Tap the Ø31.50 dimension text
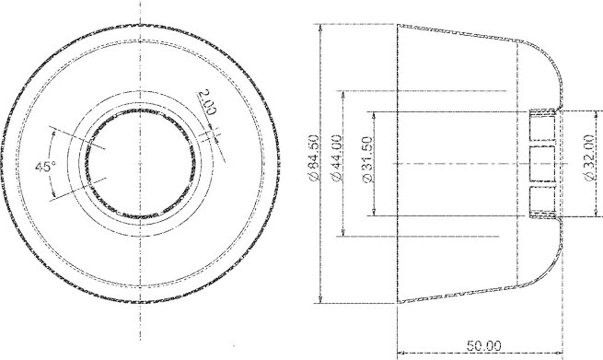coord(368,160)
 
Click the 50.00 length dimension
coord(484,346)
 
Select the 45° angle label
coord(46,167)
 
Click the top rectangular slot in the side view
coord(542,128)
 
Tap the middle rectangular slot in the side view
coord(542,164)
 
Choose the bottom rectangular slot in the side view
coord(542,199)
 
